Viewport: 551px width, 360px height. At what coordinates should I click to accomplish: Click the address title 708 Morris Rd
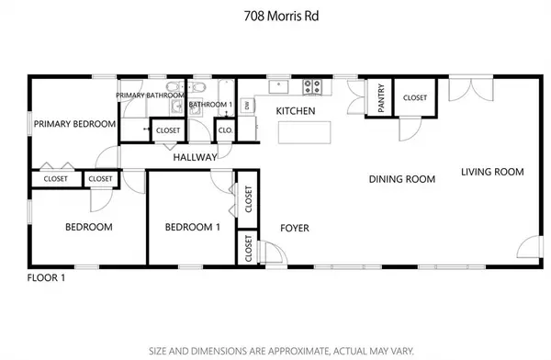tap(281, 17)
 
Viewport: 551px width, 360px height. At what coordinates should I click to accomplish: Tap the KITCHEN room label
tap(296, 111)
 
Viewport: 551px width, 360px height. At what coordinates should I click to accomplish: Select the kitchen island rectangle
tap(304, 132)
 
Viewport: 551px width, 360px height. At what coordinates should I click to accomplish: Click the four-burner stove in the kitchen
tap(312, 87)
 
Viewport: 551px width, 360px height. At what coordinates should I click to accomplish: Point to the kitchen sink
tap(278, 87)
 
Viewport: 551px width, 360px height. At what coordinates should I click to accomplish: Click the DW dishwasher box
tap(247, 105)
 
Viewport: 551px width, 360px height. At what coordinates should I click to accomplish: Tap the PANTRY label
tap(381, 97)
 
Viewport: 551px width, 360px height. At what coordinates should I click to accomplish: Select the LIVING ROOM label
tap(492, 172)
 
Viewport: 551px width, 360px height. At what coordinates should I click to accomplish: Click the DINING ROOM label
tap(402, 179)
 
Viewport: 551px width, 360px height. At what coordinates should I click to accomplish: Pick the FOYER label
tap(295, 228)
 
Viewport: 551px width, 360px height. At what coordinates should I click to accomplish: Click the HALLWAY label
tap(195, 158)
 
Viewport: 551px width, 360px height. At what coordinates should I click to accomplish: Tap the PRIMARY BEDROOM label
tap(75, 124)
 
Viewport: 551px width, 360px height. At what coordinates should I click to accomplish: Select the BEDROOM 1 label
tap(193, 227)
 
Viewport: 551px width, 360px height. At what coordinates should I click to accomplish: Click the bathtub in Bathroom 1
tap(226, 98)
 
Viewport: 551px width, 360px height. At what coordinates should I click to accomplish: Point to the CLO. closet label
tap(225, 130)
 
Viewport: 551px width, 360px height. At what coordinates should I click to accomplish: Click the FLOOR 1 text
tap(46, 277)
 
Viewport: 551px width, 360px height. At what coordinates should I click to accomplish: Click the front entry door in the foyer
tap(273, 253)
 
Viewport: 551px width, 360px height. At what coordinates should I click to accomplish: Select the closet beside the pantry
tap(415, 97)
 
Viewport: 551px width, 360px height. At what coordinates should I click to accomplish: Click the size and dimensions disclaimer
tap(281, 351)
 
